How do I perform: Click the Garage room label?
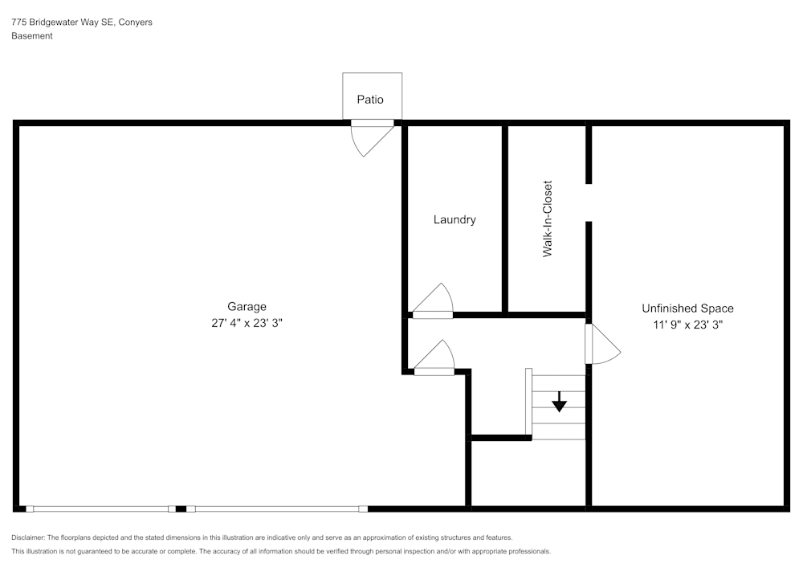click(247, 306)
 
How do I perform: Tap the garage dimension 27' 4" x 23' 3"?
click(247, 323)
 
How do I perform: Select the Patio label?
click(370, 100)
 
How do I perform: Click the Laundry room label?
click(454, 219)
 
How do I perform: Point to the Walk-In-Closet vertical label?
click(548, 219)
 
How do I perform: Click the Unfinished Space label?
click(687, 308)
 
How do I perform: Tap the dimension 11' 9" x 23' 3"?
click(687, 325)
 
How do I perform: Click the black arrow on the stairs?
click(560, 403)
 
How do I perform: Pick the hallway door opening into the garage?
click(434, 360)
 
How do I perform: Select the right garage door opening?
click(277, 509)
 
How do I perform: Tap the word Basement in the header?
click(32, 36)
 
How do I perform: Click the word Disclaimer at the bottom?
click(29, 537)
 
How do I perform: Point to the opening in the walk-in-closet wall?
click(589, 202)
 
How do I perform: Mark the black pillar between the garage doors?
click(181, 509)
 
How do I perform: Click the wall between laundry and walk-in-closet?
click(505, 219)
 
